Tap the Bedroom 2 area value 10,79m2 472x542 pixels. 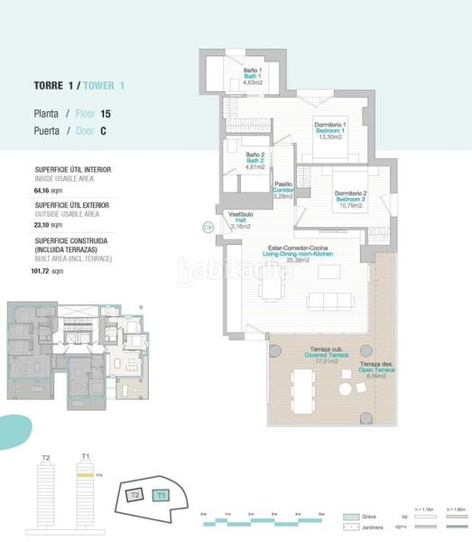tap(351, 205)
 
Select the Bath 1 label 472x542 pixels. tap(253, 76)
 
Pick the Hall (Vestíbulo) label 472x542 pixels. tap(239, 220)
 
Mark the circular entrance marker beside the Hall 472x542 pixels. tap(208, 229)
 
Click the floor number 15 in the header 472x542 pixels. tap(106, 114)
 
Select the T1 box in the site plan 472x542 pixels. tap(161, 494)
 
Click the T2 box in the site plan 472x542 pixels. tap(134, 495)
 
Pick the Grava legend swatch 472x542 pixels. tap(352, 518)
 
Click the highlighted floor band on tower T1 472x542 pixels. tap(86, 473)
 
